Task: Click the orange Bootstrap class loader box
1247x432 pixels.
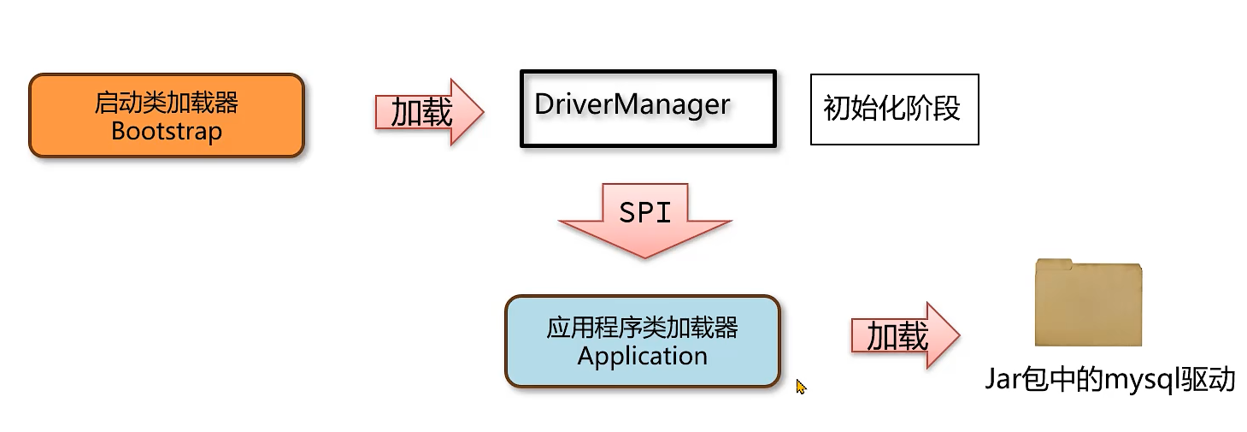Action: [x=167, y=115]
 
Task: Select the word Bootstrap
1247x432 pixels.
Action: [x=167, y=132]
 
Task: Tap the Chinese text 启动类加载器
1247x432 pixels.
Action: [x=167, y=104]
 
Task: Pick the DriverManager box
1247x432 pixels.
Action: [x=648, y=109]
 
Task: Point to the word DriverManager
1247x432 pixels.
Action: [x=632, y=104]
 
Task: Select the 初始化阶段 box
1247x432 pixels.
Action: [x=893, y=109]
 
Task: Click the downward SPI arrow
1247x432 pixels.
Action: [x=645, y=218]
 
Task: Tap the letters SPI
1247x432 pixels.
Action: [x=645, y=211]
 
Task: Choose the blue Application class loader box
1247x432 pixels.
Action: [x=642, y=341]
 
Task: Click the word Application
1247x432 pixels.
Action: [x=642, y=356]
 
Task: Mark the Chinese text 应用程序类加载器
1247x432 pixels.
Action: [x=642, y=328]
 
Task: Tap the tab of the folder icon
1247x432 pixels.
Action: [x=1053, y=263]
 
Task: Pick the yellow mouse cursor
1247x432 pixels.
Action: [x=800, y=387]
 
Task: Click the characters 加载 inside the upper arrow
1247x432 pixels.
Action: [x=421, y=112]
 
